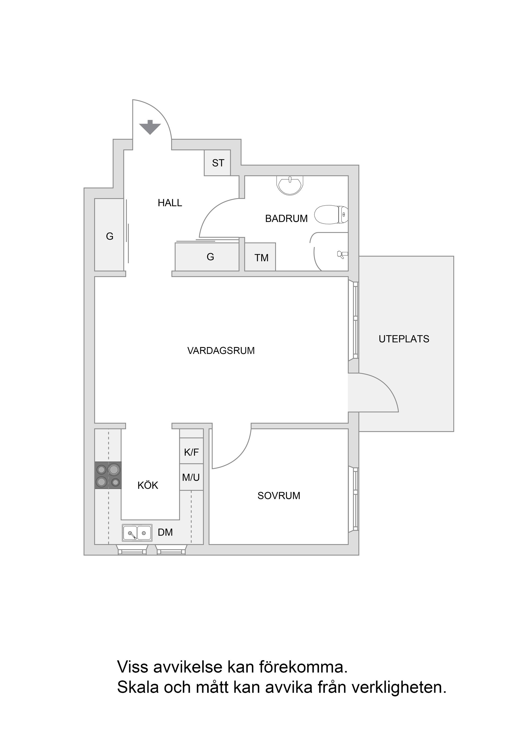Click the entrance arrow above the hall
point(150,127)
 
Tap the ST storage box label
point(218,163)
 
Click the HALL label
point(170,203)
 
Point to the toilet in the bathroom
point(331,215)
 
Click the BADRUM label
point(286,218)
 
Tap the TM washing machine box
point(260,257)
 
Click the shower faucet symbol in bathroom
point(342,254)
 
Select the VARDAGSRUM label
point(221,351)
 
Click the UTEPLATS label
point(404,339)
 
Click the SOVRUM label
point(279,496)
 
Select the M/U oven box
point(191,477)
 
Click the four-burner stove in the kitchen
point(108,475)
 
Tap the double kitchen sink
point(137,533)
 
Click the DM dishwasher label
point(165,533)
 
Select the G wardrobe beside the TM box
point(207,257)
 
